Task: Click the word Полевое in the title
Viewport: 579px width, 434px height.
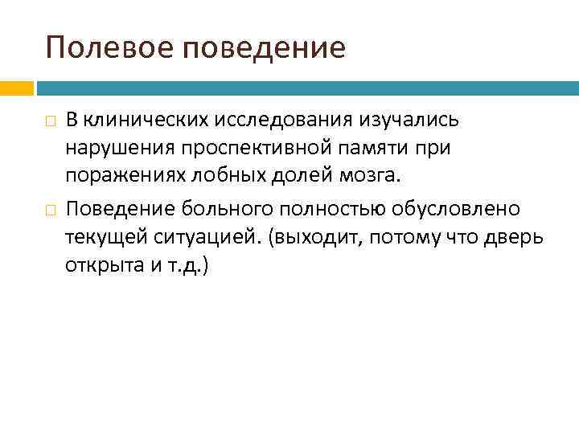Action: (111, 47)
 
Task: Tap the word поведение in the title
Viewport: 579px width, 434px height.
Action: (265, 47)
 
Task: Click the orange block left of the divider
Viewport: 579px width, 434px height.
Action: (16, 86)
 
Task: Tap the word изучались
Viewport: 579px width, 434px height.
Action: (409, 121)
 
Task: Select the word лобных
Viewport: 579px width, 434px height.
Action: (223, 177)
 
